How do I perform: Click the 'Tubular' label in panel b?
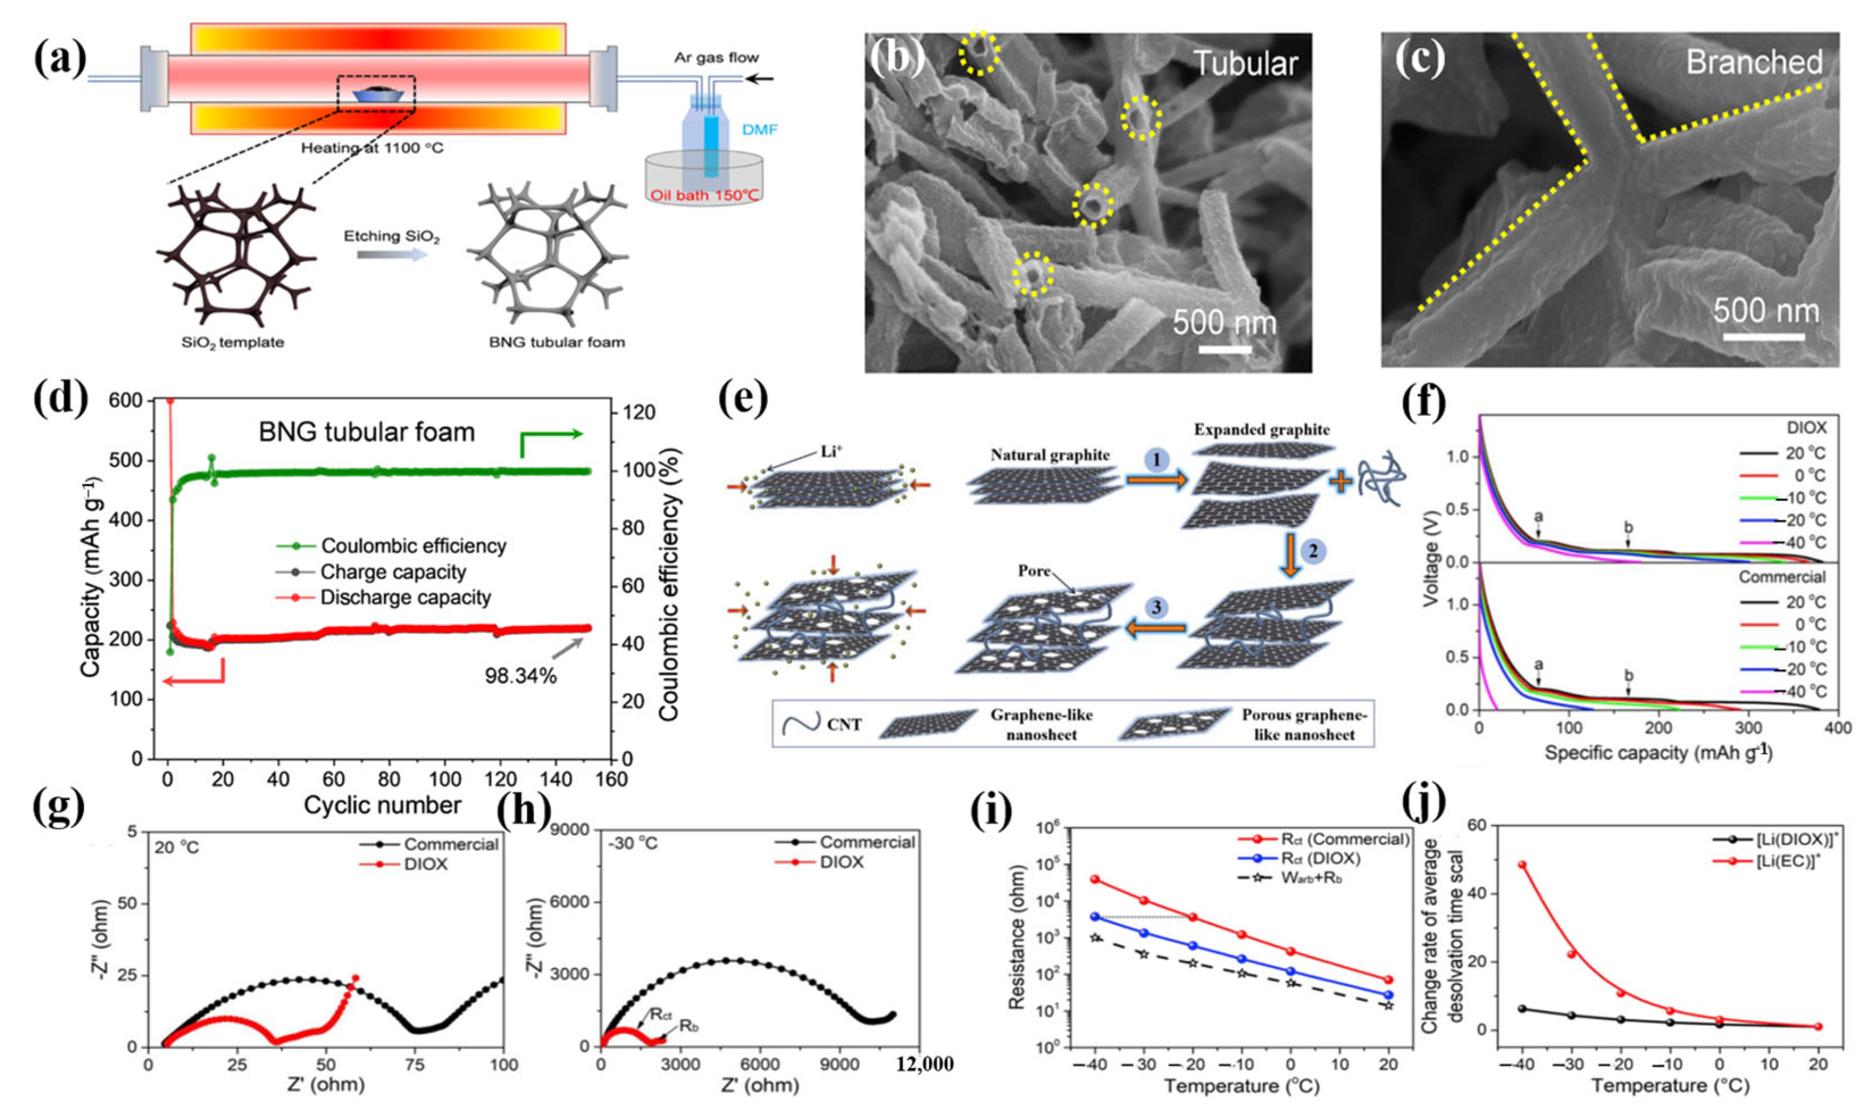[x=1245, y=64]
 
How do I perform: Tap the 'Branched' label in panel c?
[x=1754, y=62]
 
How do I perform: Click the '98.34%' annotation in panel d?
[x=520, y=675]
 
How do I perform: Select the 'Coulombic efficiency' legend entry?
[x=413, y=546]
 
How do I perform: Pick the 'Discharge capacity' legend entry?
[x=405, y=598]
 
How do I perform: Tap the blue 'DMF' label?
[x=760, y=130]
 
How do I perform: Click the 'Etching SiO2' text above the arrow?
[x=391, y=236]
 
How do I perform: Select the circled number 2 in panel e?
[x=1312, y=551]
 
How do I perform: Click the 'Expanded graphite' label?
[x=1262, y=430]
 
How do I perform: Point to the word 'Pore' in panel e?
[x=1033, y=571]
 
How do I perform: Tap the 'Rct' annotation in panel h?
[x=660, y=1015]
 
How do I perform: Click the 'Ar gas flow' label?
[x=716, y=57]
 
